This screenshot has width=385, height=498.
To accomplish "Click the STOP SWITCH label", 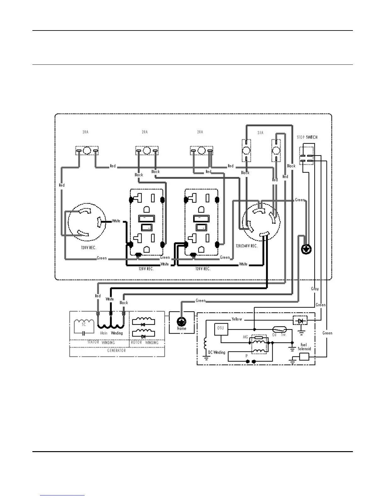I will coord(307,137).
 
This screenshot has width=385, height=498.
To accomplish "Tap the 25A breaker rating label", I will coord(260,133).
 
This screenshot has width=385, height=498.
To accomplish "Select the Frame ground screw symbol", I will coord(181,322).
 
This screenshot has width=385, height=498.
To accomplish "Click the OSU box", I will coord(220,329).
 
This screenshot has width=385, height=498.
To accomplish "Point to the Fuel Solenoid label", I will coord(304,347).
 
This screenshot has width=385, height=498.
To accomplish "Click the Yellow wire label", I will coord(237,319).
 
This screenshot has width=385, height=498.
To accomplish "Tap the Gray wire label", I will coord(315,289).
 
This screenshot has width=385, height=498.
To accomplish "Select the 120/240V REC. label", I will coord(247,246).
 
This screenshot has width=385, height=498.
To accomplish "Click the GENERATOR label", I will coord(116,351).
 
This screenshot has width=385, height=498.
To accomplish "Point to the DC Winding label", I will coord(217,352).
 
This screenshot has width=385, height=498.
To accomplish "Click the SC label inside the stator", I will coord(84,324).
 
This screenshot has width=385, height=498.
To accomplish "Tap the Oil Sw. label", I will coord(279,335).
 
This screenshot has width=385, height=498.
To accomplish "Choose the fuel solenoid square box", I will coord(304,357).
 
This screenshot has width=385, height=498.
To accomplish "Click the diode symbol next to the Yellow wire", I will coord(300,321).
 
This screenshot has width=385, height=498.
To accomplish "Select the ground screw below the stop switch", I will coord(306,250).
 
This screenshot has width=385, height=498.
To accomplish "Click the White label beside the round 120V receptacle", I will coord(116,221).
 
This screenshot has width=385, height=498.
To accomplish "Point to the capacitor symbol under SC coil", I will coord(84,332).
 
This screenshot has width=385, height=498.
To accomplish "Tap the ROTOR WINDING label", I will coord(145,342).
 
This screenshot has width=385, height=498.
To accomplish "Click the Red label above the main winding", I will coord(98,296).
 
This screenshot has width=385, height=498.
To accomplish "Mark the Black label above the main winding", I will coord(124,303).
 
